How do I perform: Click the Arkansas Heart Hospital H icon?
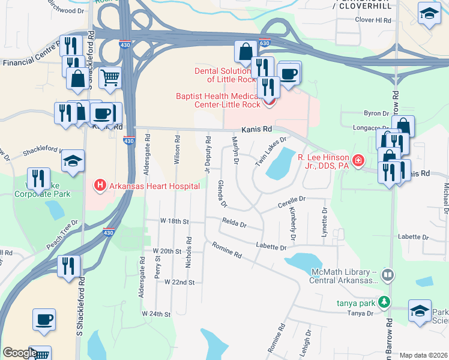(x=100, y=185)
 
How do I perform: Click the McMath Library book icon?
(x=388, y=275)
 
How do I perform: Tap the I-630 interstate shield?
(x=265, y=43)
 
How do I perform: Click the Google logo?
(x=20, y=353)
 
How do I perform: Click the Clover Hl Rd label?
(x=373, y=20)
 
